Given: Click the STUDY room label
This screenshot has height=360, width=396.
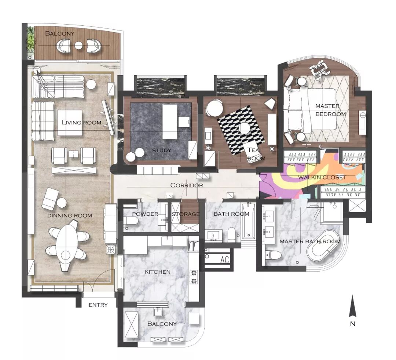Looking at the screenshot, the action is [162, 150].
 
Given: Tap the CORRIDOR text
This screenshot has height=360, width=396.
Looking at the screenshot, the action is [187, 185].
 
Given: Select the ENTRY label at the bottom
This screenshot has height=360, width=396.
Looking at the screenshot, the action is [98, 305].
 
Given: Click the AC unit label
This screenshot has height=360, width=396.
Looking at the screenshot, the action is [224, 260].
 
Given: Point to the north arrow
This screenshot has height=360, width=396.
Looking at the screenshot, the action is [353, 306].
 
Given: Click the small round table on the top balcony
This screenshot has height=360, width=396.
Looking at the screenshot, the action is [78, 46].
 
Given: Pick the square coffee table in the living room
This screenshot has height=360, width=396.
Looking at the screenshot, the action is [70, 123].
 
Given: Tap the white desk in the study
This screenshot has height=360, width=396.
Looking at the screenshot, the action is [170, 122].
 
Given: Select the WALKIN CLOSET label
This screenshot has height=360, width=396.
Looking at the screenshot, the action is [322, 178].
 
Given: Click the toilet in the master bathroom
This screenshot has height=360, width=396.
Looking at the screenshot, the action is [273, 255].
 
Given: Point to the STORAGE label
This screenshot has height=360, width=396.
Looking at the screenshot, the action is [186, 214].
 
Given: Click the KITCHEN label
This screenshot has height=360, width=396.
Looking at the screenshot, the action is [158, 272].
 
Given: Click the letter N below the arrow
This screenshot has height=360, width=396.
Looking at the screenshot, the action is [353, 324].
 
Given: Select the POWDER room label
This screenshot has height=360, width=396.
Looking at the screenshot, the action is [145, 214].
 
